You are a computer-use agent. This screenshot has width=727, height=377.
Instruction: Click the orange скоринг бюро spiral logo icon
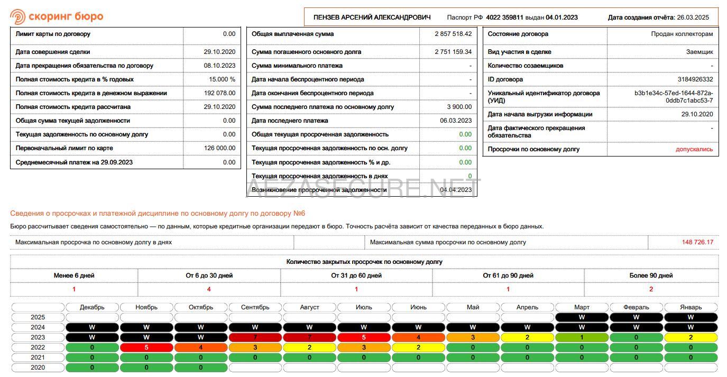click(17, 16)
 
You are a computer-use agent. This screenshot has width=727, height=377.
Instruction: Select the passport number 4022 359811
click(504, 17)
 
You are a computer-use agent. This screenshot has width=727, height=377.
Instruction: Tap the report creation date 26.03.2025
click(693, 17)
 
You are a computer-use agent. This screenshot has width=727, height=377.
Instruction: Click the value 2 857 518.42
click(453, 34)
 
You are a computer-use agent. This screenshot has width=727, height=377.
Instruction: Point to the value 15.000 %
click(222, 79)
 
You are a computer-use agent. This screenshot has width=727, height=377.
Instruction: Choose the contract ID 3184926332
click(695, 79)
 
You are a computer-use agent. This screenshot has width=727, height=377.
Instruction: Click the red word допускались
click(694, 149)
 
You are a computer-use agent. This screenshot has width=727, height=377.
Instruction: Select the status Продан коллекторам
click(682, 34)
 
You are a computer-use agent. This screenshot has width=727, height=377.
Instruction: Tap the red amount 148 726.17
click(697, 242)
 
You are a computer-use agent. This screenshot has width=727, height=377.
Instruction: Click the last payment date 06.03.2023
click(456, 121)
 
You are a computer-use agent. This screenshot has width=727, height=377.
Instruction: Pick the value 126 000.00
click(219, 148)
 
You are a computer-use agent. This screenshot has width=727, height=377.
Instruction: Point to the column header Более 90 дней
click(651, 275)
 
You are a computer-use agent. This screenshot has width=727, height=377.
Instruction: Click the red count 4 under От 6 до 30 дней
click(209, 289)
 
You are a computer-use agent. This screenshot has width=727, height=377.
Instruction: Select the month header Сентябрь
click(255, 307)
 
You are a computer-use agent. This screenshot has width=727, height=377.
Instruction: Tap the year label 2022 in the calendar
click(38, 347)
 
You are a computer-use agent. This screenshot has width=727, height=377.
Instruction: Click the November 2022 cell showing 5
click(146, 347)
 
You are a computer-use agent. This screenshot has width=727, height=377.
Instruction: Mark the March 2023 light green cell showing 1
click(582, 337)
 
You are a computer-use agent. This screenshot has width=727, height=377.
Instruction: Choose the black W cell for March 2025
click(582, 317)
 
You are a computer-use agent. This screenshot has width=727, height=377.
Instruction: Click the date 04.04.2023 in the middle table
click(456, 190)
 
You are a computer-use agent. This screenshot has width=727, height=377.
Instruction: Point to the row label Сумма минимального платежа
click(297, 66)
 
